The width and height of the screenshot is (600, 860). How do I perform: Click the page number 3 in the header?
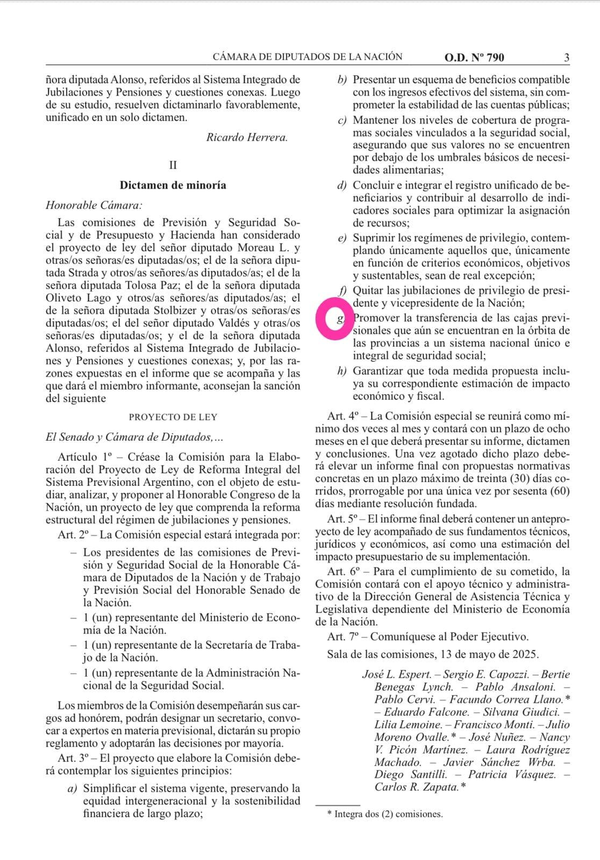click(567, 58)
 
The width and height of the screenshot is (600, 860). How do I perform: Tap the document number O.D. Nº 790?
click(474, 58)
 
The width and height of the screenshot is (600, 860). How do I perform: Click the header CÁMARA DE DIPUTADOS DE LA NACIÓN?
click(308, 56)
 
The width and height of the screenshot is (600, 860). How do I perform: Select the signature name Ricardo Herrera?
click(247, 137)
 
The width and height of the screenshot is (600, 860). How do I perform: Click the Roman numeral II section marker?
click(173, 165)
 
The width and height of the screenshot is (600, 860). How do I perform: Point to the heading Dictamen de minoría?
click(173, 185)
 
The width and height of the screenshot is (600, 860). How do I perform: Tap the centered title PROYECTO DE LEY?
click(173, 417)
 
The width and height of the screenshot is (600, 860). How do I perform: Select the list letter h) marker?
click(341, 371)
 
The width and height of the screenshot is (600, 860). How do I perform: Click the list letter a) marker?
click(71, 789)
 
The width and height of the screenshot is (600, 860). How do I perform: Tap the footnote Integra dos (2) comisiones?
click(388, 814)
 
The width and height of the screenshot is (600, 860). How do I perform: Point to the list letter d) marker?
click(341, 185)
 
